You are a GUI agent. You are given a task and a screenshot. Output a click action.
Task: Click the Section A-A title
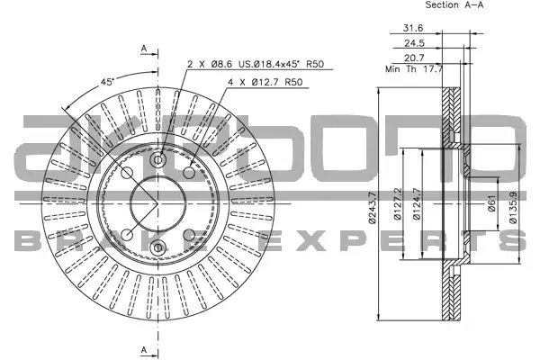pyautogui.click(x=454, y=4)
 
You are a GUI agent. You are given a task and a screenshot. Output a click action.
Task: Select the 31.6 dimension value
pyautogui.click(x=413, y=28)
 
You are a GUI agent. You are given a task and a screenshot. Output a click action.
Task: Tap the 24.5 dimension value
pyautogui.click(x=414, y=43)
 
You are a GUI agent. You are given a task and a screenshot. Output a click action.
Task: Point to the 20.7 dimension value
pyautogui.click(x=414, y=58)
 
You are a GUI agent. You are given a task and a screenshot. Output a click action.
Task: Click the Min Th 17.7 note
pyautogui.click(x=414, y=69)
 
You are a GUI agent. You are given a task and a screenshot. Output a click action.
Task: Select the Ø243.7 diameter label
pyautogui.click(x=373, y=208)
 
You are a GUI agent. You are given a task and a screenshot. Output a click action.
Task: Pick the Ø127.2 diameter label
pyautogui.click(x=397, y=204)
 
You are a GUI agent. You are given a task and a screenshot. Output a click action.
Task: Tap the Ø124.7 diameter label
pyautogui.click(x=417, y=204)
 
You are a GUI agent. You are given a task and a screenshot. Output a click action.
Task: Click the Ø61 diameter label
pyautogui.click(x=491, y=203)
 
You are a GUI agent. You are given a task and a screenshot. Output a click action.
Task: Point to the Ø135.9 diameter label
pyautogui.click(x=513, y=208)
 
